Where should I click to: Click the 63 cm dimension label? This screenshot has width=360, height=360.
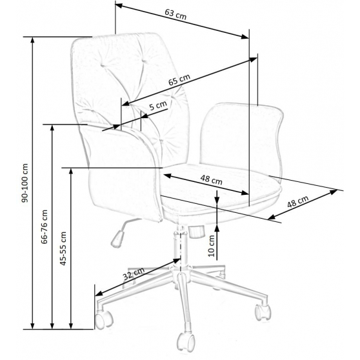175,14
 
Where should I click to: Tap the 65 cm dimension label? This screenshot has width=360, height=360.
179,79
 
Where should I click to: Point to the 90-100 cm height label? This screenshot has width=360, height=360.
25,183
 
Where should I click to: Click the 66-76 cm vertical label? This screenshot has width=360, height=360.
44,226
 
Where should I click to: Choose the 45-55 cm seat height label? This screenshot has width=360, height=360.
63,248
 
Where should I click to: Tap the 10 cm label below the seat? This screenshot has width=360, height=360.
212,246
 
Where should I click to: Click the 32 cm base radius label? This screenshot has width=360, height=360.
134,274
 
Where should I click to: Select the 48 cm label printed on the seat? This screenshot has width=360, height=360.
211,180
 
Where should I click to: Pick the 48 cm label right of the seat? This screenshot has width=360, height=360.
297,201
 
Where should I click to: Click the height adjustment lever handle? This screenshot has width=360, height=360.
118,239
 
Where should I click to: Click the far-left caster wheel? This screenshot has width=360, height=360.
104,319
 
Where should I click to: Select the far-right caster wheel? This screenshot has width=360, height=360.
263,312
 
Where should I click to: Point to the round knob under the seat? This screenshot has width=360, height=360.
197,232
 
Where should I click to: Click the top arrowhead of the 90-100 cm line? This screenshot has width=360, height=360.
33,40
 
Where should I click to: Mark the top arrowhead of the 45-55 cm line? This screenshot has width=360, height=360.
71,172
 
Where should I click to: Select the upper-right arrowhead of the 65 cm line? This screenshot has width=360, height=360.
254,59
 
